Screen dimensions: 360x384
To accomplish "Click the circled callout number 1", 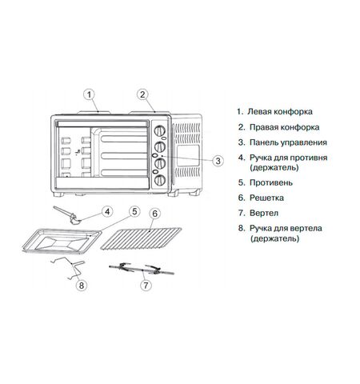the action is click(90, 94).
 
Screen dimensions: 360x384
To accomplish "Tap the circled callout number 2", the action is click(142, 94).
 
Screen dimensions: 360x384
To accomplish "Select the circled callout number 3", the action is click(218, 161).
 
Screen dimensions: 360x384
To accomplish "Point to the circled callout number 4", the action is click(107, 212).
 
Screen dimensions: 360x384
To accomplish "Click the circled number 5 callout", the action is click(134, 211).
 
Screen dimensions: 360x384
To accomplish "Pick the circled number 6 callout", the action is click(155, 214).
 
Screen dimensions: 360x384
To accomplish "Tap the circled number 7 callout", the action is click(146, 286).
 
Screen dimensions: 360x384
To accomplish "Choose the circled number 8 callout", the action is click(82, 286).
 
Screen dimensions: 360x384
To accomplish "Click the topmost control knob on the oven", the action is click(160, 130).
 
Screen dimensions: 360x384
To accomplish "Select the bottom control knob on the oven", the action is click(160, 180).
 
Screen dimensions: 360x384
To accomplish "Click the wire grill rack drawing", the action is click(141, 238).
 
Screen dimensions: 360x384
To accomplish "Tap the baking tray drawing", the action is click(62, 240).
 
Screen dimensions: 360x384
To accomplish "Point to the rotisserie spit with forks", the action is click(142, 269).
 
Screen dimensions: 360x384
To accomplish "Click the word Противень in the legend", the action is click(271, 183).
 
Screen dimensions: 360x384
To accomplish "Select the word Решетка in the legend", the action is click(266, 198).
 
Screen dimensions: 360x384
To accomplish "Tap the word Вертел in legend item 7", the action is click(264, 214).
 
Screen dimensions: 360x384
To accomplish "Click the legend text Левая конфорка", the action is click(280, 111).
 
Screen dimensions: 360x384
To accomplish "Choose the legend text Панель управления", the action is click(288, 142).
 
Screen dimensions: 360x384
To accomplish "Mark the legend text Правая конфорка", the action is click(284, 127).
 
